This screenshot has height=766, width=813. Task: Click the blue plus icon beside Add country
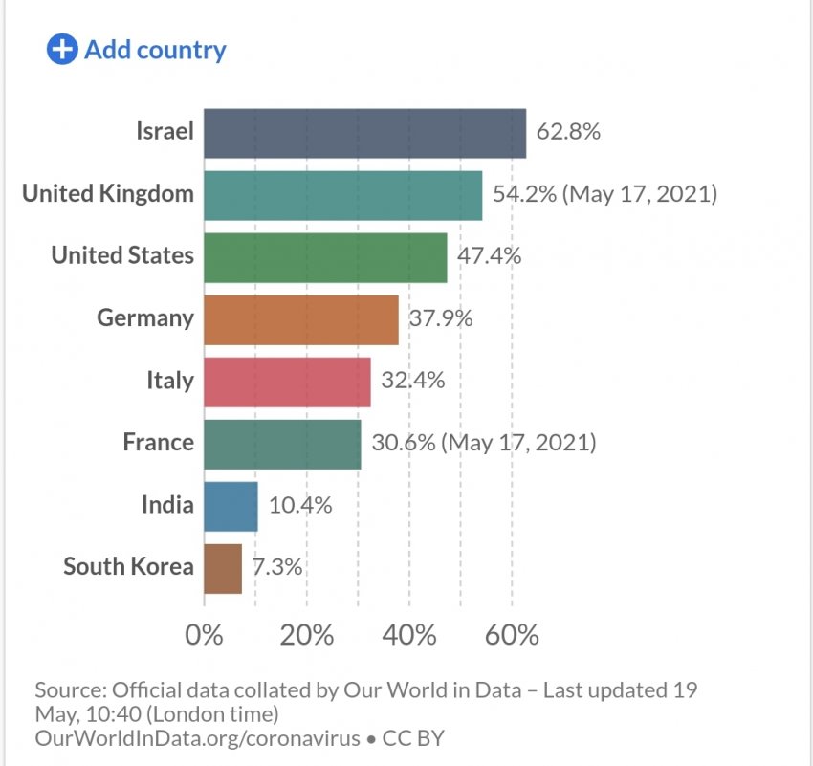(62, 50)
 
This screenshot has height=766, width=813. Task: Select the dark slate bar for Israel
(364, 133)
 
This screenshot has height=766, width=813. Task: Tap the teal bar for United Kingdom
(342, 195)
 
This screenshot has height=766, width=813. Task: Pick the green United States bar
(325, 257)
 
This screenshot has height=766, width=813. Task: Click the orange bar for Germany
(300, 319)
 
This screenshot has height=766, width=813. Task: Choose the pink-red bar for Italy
(287, 382)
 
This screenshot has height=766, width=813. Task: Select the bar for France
(282, 444)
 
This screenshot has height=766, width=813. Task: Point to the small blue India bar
(231, 506)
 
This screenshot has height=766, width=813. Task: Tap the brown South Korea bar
(223, 568)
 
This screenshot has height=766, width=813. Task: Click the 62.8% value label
(568, 132)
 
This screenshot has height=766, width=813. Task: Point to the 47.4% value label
(489, 256)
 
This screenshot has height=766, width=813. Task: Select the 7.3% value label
(277, 567)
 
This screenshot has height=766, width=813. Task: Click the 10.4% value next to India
(300, 505)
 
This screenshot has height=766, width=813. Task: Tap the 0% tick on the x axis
(204, 634)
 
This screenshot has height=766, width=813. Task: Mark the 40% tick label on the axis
(409, 634)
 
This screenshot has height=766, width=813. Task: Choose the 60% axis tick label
(512, 634)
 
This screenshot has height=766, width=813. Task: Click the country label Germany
(145, 317)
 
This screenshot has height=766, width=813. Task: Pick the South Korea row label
(128, 566)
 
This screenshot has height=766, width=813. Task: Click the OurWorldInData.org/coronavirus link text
(195, 738)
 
